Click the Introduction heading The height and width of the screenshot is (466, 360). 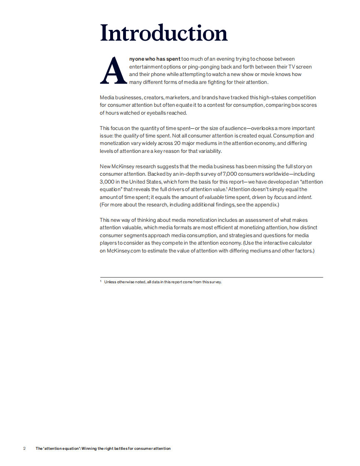pyautogui.click(x=164, y=33)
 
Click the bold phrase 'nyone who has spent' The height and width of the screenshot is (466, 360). pyautogui.click(x=155, y=59)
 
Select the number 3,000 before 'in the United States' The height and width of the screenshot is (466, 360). pyautogui.click(x=108, y=182)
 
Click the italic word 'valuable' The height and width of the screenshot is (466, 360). pyautogui.click(x=214, y=197)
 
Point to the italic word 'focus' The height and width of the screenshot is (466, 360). pyautogui.click(x=280, y=197)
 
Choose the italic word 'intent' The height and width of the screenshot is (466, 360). pyautogui.click(x=304, y=197)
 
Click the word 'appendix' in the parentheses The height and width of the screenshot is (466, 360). pyautogui.click(x=264, y=205)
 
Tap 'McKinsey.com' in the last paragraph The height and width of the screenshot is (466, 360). pyautogui.click(x=124, y=251)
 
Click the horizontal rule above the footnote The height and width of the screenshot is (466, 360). pyautogui.click(x=211, y=277)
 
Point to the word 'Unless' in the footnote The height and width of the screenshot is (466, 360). pyautogui.click(x=110, y=282)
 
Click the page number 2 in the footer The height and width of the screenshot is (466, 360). pyautogui.click(x=24, y=449)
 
